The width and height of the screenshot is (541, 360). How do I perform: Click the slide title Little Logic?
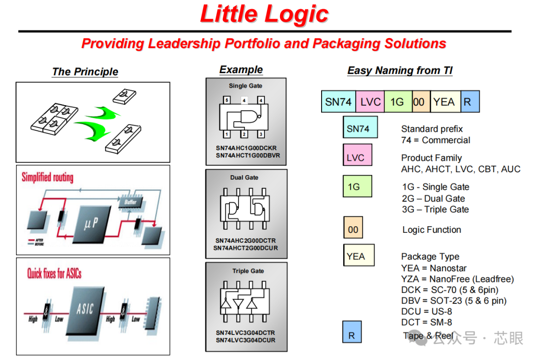(x=264, y=14)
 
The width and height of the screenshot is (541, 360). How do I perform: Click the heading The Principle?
(x=85, y=72)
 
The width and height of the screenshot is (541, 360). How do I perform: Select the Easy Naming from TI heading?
(x=400, y=71)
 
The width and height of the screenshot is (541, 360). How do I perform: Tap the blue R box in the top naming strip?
(x=469, y=102)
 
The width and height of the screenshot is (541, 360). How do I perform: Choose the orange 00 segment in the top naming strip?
(x=419, y=102)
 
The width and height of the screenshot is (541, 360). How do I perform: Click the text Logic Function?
(x=432, y=230)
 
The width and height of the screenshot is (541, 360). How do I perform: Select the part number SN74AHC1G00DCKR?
(x=246, y=148)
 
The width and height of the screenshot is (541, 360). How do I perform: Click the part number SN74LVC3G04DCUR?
(x=246, y=340)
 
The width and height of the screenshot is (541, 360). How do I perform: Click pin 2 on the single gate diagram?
(x=244, y=134)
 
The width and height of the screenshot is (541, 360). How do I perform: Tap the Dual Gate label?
(x=244, y=178)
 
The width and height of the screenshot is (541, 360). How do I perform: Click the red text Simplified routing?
(x=47, y=177)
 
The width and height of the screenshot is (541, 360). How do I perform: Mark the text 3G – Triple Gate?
(x=435, y=209)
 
